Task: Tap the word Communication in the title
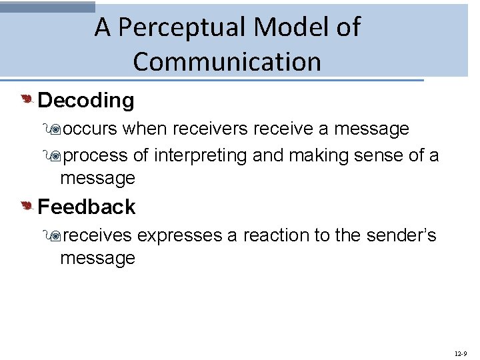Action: (x=227, y=62)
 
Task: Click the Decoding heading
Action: (x=86, y=101)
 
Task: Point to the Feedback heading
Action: (x=86, y=207)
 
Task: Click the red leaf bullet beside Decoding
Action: (x=27, y=100)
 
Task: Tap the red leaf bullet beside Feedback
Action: (x=27, y=207)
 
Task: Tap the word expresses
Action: (x=179, y=236)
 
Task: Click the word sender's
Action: (x=401, y=236)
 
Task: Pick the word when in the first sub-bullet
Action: (x=141, y=129)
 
